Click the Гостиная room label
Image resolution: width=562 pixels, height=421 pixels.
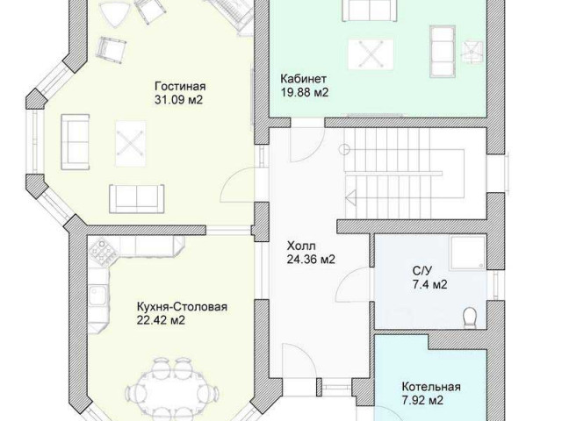point(180,87)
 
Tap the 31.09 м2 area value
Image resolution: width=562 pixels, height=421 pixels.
point(178,99)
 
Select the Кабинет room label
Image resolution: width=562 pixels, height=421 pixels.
point(303,79)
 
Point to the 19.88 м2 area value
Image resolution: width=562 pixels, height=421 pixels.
point(305,92)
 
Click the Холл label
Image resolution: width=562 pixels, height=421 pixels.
point(301,246)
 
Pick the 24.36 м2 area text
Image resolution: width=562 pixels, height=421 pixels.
point(311,259)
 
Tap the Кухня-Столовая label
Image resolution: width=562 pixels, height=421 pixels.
point(182,307)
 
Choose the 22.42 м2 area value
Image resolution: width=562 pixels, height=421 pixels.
point(161,319)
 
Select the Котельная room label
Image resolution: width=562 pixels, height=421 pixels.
point(431,387)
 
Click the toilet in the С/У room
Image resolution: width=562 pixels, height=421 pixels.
point(470,318)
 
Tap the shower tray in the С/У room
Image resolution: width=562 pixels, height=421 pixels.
point(467,252)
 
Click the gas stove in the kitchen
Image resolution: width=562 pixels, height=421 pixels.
point(102,252)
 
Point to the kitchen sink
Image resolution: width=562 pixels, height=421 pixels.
point(97,295)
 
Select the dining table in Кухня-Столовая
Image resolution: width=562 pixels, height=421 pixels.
point(174,389)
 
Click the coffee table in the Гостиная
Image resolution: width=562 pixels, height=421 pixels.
point(131,144)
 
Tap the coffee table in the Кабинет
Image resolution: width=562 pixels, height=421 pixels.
point(371,54)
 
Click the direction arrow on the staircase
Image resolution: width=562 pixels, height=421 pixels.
point(351,197)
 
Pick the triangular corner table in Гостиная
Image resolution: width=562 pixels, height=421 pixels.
point(112,14)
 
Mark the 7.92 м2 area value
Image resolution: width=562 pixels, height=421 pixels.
point(422,400)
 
